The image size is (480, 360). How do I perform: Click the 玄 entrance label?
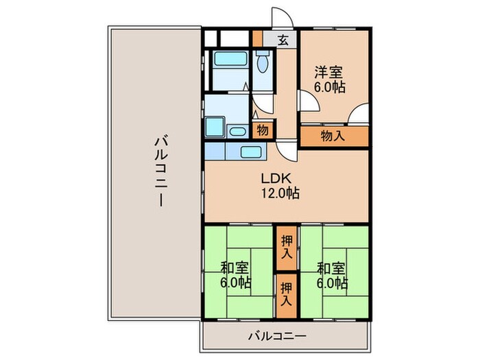[x=283, y=40]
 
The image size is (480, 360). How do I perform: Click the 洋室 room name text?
[x=330, y=72]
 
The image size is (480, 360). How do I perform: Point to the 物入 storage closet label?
[x=333, y=136]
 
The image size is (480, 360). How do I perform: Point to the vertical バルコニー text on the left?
[x=159, y=172]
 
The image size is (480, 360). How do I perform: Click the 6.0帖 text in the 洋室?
[x=330, y=87]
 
